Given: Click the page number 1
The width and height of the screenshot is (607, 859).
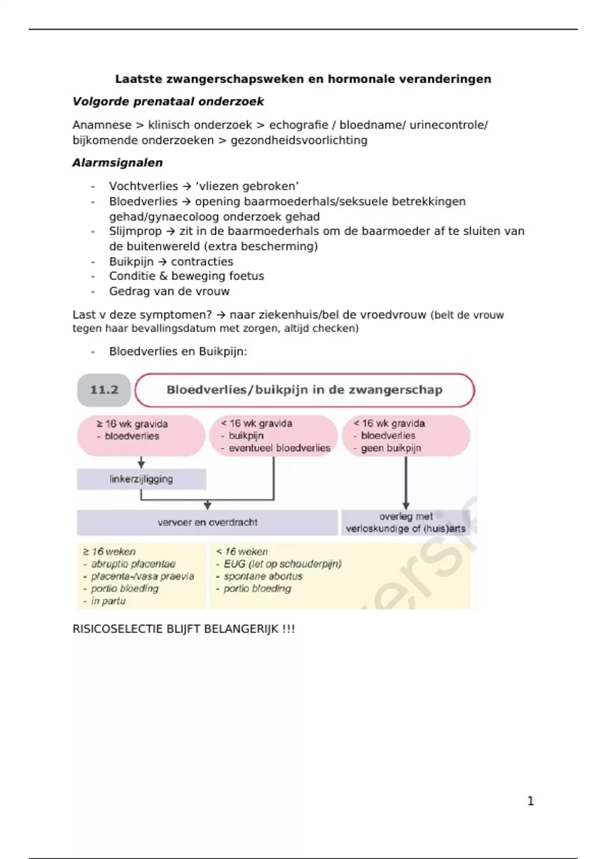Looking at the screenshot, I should [530, 801].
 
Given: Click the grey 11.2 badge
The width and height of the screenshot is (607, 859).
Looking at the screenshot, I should [104, 390].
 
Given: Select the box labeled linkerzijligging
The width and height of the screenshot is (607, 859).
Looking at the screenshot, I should [141, 479].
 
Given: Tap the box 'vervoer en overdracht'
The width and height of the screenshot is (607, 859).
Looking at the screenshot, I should [207, 522].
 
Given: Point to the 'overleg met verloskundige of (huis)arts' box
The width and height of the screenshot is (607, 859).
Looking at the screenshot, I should [406, 522].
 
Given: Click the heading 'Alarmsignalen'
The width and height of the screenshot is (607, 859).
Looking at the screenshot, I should [117, 163].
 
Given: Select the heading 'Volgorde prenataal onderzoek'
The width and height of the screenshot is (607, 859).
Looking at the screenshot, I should [168, 102].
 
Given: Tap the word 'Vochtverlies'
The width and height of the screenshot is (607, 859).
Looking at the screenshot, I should [143, 186].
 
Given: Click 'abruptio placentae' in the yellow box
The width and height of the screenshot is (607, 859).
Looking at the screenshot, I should [133, 564].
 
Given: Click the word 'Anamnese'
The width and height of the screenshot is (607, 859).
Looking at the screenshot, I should [102, 125].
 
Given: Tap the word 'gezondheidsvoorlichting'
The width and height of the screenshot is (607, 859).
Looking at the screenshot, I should [299, 140].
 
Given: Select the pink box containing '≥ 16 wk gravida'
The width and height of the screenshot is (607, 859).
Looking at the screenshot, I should [141, 435].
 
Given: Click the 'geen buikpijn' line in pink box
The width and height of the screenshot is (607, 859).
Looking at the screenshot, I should [391, 448].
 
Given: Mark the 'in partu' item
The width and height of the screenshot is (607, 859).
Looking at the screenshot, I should [108, 601].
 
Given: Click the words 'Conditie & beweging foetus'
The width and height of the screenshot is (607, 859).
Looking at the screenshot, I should [186, 276].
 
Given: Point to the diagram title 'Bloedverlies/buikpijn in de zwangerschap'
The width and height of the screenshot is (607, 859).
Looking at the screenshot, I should [305, 390].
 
